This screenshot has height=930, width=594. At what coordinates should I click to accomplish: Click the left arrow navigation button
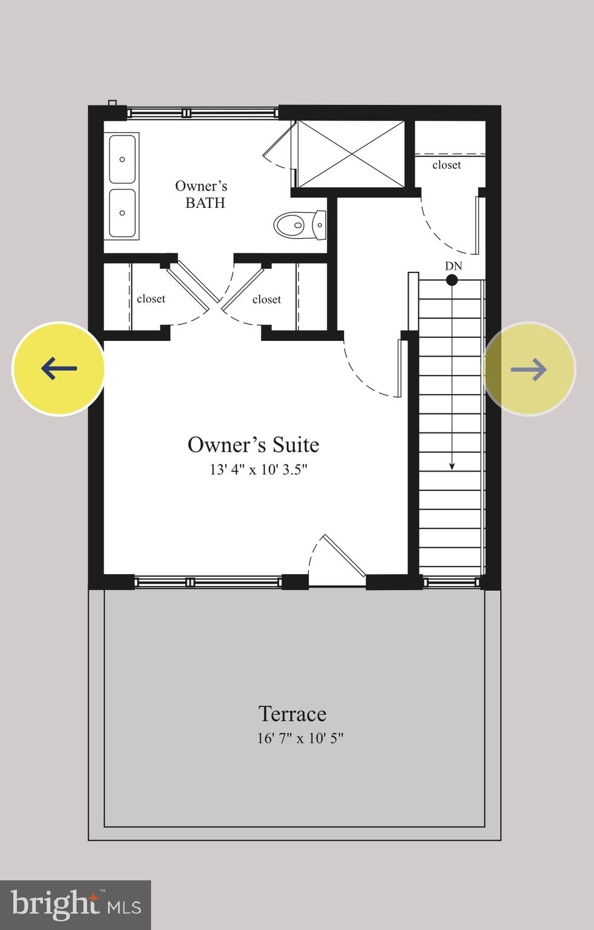pyautogui.click(x=59, y=369)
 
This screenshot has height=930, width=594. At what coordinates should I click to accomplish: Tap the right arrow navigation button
pyautogui.click(x=529, y=369)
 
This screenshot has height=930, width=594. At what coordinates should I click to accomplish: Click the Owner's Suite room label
pyautogui.click(x=253, y=445)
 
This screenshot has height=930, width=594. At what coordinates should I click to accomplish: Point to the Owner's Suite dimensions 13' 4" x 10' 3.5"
pyautogui.click(x=259, y=470)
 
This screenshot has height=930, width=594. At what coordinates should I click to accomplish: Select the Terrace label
pyautogui.click(x=292, y=714)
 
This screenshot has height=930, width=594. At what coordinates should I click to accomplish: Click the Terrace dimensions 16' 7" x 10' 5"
pyautogui.click(x=300, y=738)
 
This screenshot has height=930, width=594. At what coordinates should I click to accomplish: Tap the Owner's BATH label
pyautogui.click(x=202, y=194)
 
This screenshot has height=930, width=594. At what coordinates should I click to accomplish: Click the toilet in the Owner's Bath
pyautogui.click(x=299, y=225)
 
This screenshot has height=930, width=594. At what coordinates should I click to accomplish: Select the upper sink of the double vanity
pyautogui.click(x=122, y=159)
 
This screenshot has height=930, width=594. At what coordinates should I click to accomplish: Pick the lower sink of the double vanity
pyautogui.click(x=122, y=213)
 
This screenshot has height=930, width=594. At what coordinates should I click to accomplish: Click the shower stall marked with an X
pyautogui.click(x=351, y=154)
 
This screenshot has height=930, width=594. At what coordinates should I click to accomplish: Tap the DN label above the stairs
pyautogui.click(x=453, y=266)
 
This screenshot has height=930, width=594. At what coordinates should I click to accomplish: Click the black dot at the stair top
pyautogui.click(x=452, y=280)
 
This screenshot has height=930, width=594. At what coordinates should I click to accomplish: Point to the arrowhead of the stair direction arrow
pyautogui.click(x=452, y=466)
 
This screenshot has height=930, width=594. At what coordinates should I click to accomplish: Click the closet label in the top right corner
pyautogui.click(x=446, y=165)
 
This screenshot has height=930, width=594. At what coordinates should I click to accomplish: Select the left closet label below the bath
pyautogui.click(x=151, y=298)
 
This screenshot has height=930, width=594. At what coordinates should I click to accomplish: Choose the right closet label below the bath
pyautogui.click(x=266, y=299)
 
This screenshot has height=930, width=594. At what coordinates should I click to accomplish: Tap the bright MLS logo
pyautogui.click(x=75, y=905)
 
